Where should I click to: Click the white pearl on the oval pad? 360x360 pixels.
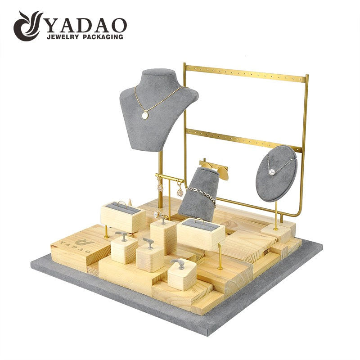(272, 171)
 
